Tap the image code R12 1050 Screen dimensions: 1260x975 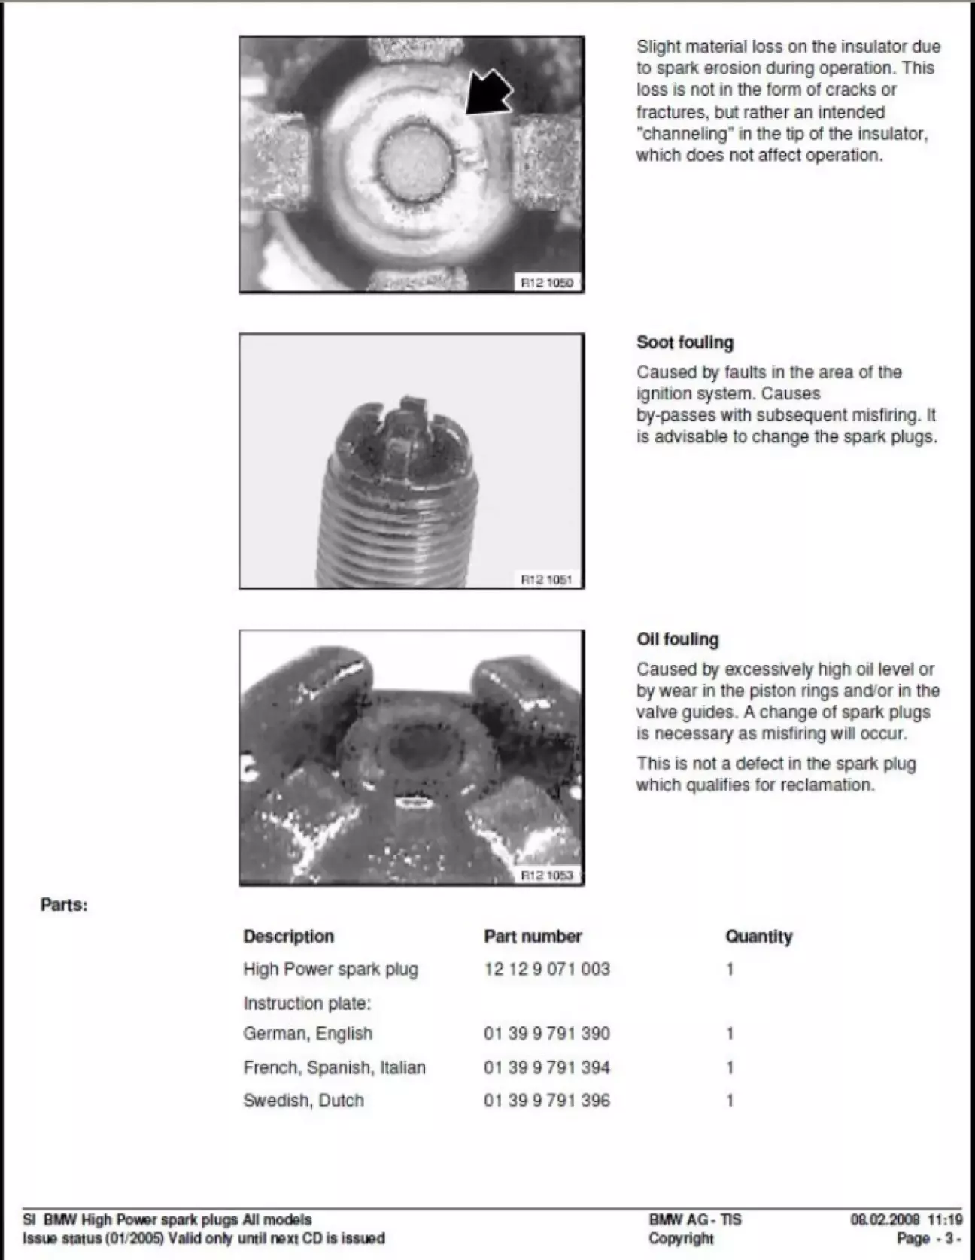pyautogui.click(x=547, y=283)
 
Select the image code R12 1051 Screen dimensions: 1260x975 pyautogui.click(x=547, y=579)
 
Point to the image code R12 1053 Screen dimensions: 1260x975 pyautogui.click(x=547, y=875)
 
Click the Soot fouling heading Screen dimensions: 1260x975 pyautogui.click(x=685, y=342)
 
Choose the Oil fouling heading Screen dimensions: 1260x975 pyautogui.click(x=677, y=639)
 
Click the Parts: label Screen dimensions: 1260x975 pyautogui.click(x=64, y=905)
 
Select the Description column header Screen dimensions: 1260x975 pyautogui.click(x=288, y=937)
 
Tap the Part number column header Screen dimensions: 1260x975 pyautogui.click(x=533, y=937)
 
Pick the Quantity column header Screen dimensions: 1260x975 pyautogui.click(x=758, y=937)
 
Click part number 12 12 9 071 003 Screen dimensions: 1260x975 pyautogui.click(x=547, y=969)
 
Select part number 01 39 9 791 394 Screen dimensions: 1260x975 pyautogui.click(x=547, y=1067)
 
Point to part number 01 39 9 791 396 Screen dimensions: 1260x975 pyautogui.click(x=547, y=1101)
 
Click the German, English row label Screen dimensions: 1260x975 pyautogui.click(x=307, y=1034)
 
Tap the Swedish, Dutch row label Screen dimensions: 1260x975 pyautogui.click(x=303, y=1101)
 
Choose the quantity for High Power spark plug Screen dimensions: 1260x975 pyautogui.click(x=730, y=969)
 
